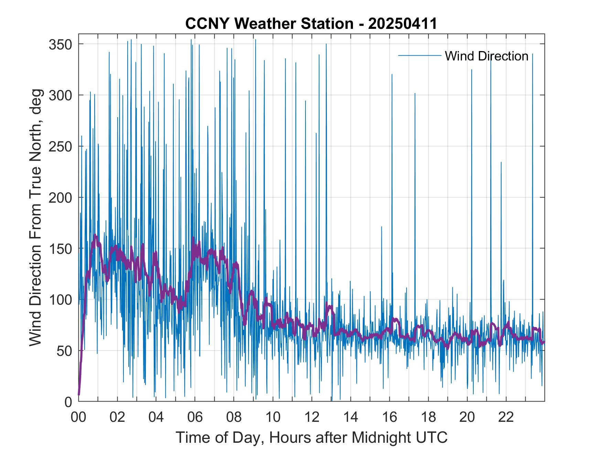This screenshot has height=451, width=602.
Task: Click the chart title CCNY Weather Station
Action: pyautogui.click(x=269, y=24)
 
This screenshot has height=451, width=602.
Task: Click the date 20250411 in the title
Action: pyautogui.click(x=402, y=24)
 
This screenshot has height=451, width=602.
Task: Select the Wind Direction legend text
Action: pyautogui.click(x=486, y=56)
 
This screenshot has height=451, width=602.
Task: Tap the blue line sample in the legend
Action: pyautogui.click(x=420, y=56)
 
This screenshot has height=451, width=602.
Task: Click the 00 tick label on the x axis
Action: pyautogui.click(x=78, y=417)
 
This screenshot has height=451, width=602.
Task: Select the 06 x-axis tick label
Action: pyautogui.click(x=195, y=417)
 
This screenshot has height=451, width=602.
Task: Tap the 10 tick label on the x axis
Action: pyautogui.click(x=273, y=417)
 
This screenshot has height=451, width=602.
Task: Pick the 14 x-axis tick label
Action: pyautogui.click(x=351, y=417)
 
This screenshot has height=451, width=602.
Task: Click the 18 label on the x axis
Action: pyautogui.click(x=428, y=417)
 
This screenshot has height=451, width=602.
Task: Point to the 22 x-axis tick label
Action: pyautogui.click(x=506, y=417)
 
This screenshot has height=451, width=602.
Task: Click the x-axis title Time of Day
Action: pyautogui.click(x=312, y=437)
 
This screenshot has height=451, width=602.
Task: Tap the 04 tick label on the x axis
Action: pyautogui.click(x=156, y=417)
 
